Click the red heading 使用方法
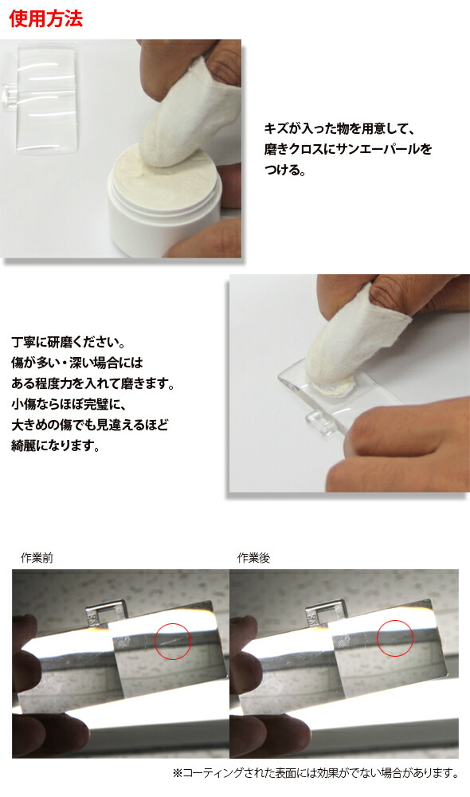[45, 20]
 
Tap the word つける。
[284, 171]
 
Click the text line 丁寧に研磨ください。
[69, 343]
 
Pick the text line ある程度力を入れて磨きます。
[92, 384]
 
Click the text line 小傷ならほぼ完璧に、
[72, 405]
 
